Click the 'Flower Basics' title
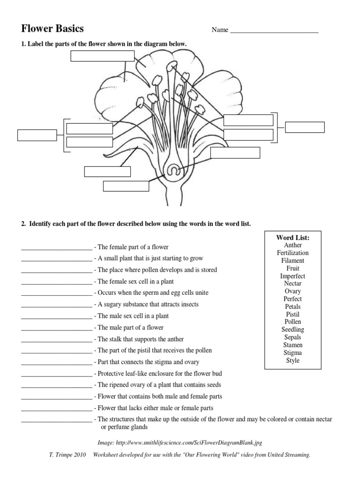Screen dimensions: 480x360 (52, 29)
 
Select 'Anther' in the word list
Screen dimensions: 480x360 (293, 245)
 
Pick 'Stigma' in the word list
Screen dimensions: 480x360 (293, 352)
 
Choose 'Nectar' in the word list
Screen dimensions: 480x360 (293, 284)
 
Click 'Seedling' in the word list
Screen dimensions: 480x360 (293, 330)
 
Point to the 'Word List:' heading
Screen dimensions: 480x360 (293, 237)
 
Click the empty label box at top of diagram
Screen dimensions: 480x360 (102, 56)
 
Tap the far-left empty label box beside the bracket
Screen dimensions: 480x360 (37, 135)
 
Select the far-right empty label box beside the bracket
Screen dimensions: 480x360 (305, 127)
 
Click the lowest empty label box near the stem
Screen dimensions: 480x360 (126, 186)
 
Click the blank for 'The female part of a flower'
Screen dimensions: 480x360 (56, 247)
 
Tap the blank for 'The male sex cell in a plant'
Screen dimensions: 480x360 (56, 316)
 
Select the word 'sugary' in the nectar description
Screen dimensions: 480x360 (113, 305)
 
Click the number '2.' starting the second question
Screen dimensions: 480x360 (23, 224)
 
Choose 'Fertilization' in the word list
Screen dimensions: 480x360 (293, 253)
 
